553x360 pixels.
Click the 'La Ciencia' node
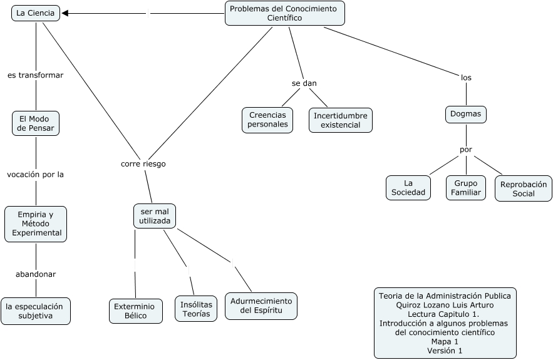pyautogui.click(x=36, y=13)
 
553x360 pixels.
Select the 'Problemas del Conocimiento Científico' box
pyautogui.click(x=284, y=13)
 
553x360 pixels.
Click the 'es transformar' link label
pyautogui.click(x=36, y=75)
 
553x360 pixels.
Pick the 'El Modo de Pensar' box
pyautogui.click(x=36, y=123)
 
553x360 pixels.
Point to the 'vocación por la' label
pyautogui.click(x=36, y=175)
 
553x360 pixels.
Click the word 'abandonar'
pyautogui.click(x=36, y=274)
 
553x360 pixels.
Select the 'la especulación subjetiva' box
pyautogui.click(x=35, y=311)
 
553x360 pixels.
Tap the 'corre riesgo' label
pyautogui.click(x=143, y=163)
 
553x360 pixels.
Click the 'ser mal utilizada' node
pyautogui.click(x=155, y=216)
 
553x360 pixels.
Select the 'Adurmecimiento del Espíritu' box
pyautogui.click(x=261, y=306)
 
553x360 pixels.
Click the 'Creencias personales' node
pyautogui.click(x=268, y=120)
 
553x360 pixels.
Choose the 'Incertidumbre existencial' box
pyautogui.click(x=341, y=120)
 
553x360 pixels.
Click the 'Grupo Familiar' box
pyautogui.click(x=467, y=188)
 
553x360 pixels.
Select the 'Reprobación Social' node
pyautogui.click(x=524, y=189)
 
